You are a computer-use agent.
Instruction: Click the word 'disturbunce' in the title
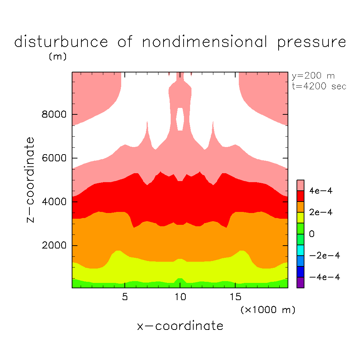[x=61, y=42]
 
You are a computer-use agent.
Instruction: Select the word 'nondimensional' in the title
[x=205, y=42]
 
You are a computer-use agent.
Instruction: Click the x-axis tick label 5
[x=125, y=297]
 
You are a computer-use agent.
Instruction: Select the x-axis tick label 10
[x=180, y=297]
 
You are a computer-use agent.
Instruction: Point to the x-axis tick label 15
[x=235, y=297]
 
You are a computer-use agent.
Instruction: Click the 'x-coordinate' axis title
[x=180, y=326]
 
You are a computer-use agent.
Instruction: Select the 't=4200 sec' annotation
[x=319, y=86]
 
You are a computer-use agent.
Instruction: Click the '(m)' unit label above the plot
[x=58, y=57]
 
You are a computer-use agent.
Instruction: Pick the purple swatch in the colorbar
[x=300, y=282]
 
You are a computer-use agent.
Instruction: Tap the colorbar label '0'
[x=312, y=234]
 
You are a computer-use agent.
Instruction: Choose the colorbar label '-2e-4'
[x=325, y=256]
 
